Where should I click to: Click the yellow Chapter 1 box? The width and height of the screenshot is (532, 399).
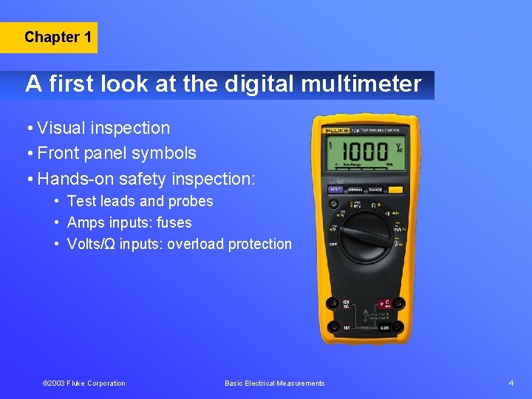(58, 37)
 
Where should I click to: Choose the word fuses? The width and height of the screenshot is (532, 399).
(174, 222)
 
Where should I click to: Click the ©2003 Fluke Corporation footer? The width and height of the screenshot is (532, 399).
(83, 383)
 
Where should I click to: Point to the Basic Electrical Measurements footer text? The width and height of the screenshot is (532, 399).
(274, 383)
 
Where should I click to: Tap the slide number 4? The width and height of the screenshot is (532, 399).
(511, 383)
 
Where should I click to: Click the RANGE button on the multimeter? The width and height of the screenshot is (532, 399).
(375, 190)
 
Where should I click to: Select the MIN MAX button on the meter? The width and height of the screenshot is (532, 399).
(354, 190)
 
